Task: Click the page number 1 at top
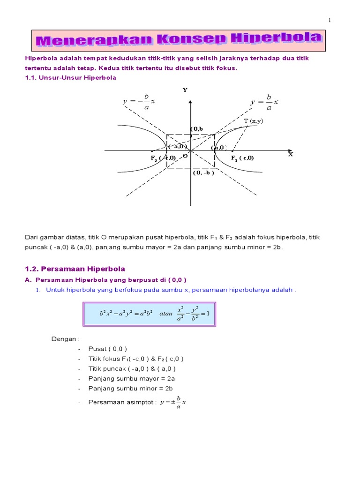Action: pyautogui.click(x=330, y=20)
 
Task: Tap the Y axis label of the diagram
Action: pyautogui.click(x=185, y=90)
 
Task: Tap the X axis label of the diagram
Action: pyautogui.click(x=290, y=154)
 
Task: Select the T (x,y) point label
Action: pyautogui.click(x=254, y=121)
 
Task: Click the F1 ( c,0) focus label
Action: pyautogui.click(x=242, y=158)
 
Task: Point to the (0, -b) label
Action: pyautogui.click(x=203, y=172)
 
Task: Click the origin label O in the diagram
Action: pyautogui.click(x=185, y=156)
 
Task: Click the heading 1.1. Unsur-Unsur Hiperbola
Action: pyautogui.click(x=70, y=78)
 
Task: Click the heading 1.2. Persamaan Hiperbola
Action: pyautogui.click(x=75, y=269)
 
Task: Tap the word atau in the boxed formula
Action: pyautogui.click(x=166, y=314)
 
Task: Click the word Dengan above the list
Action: pyautogui.click(x=65, y=338)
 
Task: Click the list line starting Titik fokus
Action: pyautogui.click(x=136, y=359)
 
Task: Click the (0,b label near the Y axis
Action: pyautogui.click(x=197, y=129)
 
